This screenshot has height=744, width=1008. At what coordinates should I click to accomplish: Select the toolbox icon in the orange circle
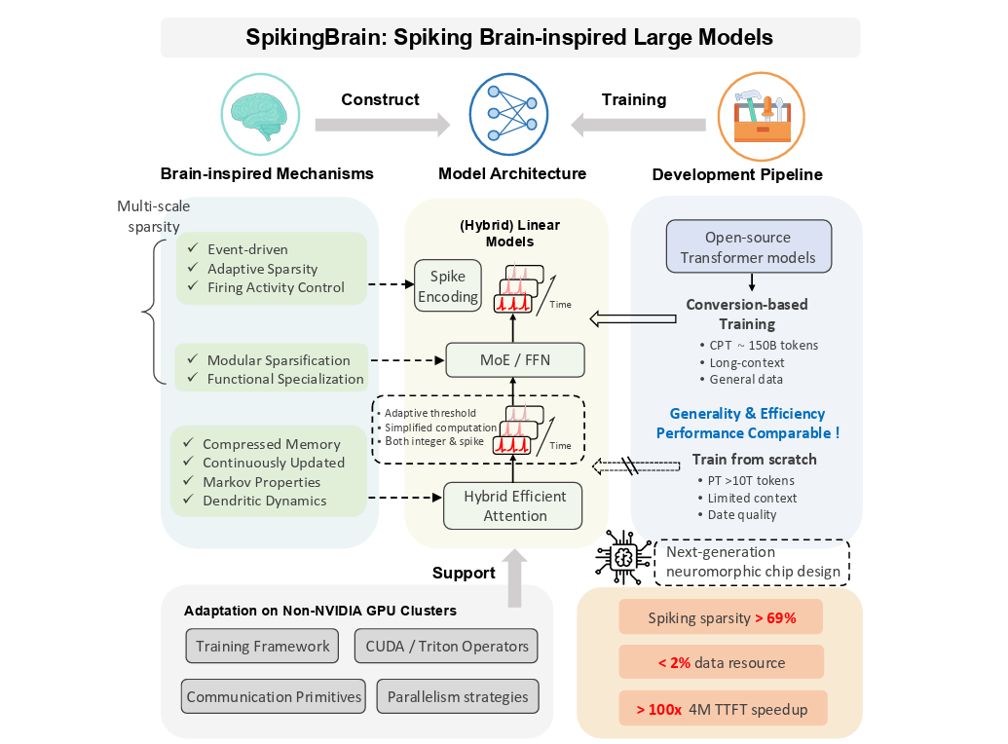click(761, 116)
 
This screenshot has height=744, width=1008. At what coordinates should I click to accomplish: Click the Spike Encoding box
click(448, 286)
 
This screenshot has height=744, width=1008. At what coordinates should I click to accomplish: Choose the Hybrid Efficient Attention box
click(515, 505)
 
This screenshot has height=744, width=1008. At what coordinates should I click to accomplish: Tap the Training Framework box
click(262, 646)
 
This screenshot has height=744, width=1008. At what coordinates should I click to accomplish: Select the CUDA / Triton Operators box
click(447, 646)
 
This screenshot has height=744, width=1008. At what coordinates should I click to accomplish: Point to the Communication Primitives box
click(274, 696)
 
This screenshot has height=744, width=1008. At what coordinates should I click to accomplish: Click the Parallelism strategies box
click(458, 696)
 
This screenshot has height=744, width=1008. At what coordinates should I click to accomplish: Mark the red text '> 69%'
click(775, 617)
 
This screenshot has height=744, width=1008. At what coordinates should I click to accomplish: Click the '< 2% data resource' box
click(722, 663)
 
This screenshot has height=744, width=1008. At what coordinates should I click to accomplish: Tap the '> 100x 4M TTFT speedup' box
click(722, 709)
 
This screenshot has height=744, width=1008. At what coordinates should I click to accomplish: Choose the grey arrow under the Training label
click(638, 125)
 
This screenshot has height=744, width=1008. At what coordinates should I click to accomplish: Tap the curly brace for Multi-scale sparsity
click(152, 314)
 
